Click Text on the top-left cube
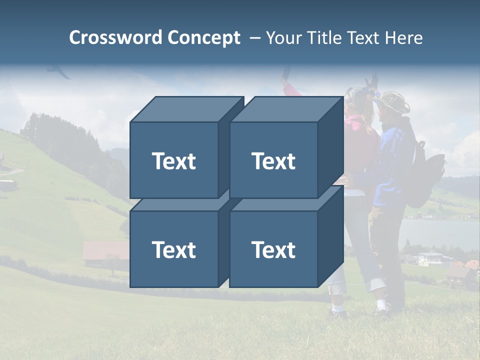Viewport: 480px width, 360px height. pyautogui.click(x=173, y=161)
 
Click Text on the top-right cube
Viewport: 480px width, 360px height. pyautogui.click(x=273, y=161)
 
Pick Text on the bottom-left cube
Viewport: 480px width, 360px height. pyautogui.click(x=173, y=250)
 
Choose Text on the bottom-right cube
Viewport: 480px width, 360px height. pyautogui.click(x=273, y=250)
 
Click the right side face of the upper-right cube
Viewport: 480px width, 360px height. pyautogui.click(x=330, y=147)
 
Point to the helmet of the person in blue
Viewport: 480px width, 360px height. pyautogui.click(x=395, y=102)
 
